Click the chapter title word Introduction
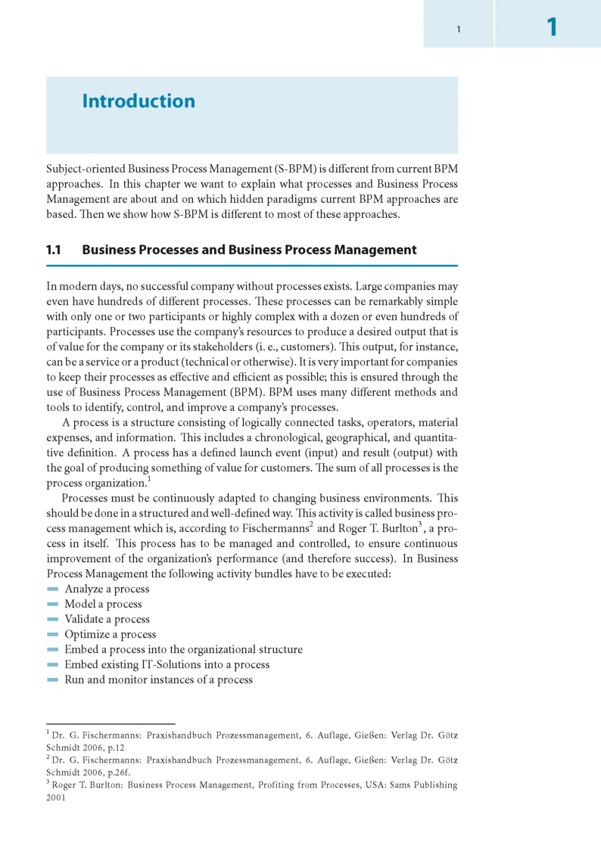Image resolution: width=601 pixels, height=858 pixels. tap(139, 101)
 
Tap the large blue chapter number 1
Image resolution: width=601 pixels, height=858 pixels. tap(552, 28)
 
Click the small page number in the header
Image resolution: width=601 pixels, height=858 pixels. tap(459, 30)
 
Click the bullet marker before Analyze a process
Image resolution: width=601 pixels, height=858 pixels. tap(52, 589)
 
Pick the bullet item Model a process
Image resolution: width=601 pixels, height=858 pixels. tap(103, 604)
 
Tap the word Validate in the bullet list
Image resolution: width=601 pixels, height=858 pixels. tap(84, 619)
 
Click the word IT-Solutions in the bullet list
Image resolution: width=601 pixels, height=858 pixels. tap(173, 664)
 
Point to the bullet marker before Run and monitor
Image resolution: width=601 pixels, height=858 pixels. tap(52, 679)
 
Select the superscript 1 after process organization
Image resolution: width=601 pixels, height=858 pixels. tap(149, 480)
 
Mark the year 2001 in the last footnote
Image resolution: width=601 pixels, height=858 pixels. tap(56, 797)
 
